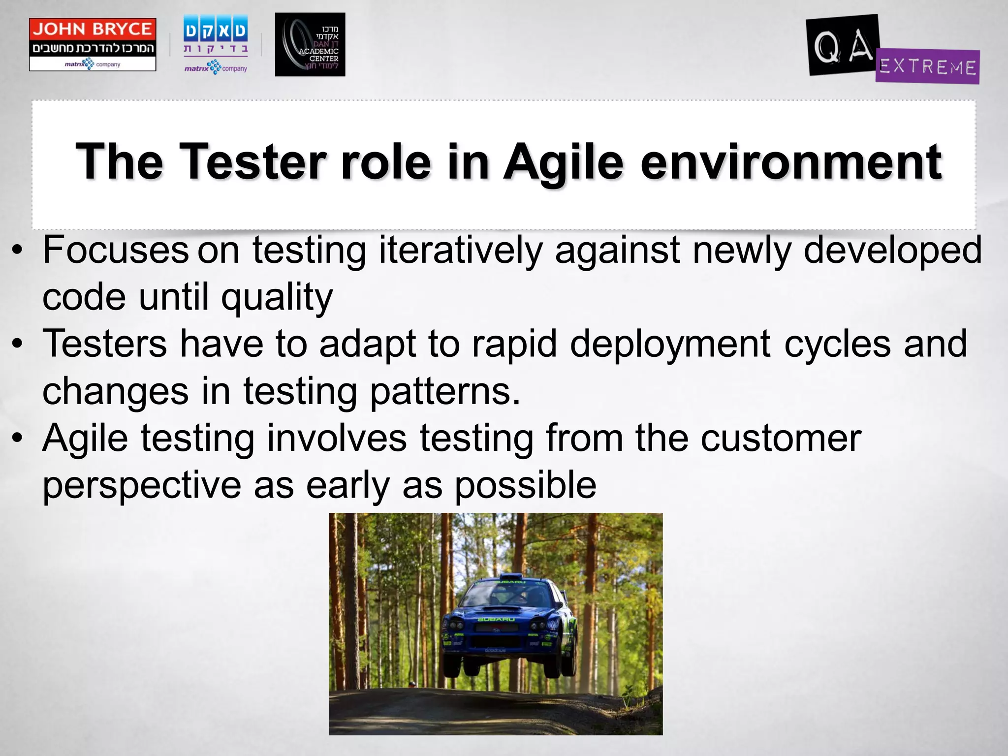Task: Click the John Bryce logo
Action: coord(93,44)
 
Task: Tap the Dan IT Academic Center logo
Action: coord(310,45)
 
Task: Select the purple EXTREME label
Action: coord(927,66)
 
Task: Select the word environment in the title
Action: coord(791,162)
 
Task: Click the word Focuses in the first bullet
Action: coord(116,250)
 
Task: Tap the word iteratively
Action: coord(460,250)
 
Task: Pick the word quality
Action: coord(277,298)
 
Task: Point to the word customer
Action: coord(781,438)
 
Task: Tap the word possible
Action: coord(525,485)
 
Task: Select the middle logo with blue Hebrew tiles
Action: coord(215,44)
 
